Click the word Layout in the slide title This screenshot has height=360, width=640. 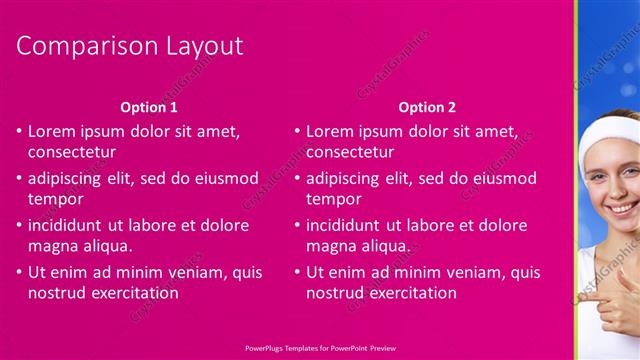click(x=204, y=46)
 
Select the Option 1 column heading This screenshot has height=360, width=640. click(x=149, y=106)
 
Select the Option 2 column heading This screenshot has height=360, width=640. click(x=427, y=106)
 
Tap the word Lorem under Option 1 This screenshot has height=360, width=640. click(x=52, y=131)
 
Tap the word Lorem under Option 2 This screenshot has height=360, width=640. click(x=330, y=131)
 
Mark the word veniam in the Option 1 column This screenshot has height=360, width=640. click(x=204, y=271)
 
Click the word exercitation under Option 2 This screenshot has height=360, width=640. click(x=411, y=293)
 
